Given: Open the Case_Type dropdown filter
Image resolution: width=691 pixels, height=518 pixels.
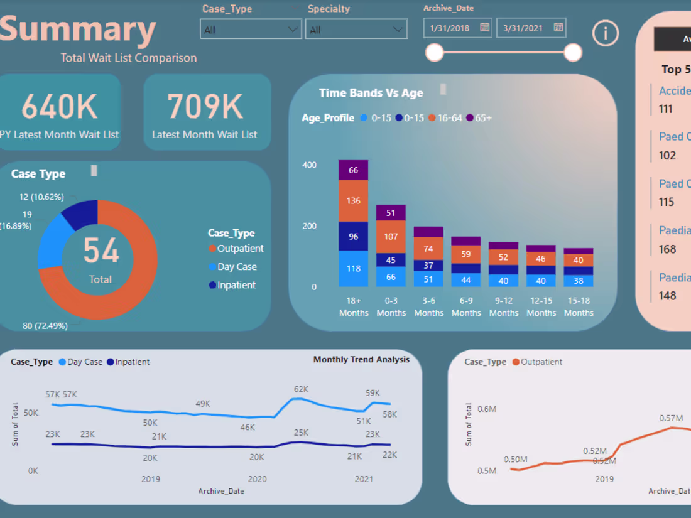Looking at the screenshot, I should (x=250, y=30).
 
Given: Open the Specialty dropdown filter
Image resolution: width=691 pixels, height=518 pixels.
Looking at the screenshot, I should (x=356, y=30).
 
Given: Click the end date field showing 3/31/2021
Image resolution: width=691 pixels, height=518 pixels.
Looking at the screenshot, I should (x=531, y=28).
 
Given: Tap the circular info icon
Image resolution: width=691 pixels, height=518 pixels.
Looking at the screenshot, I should (x=606, y=33).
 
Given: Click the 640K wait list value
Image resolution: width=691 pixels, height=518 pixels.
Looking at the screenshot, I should (x=60, y=106).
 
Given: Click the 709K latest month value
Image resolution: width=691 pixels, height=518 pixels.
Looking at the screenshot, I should (x=205, y=106).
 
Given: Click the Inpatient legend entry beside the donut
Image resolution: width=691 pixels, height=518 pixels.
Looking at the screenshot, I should (x=232, y=285).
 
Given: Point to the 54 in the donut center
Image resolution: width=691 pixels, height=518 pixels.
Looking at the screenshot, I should (x=101, y=251).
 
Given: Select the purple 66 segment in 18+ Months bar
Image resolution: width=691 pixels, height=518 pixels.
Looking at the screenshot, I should (x=354, y=170).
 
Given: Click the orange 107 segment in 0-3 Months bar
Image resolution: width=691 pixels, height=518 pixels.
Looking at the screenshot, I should (x=391, y=237).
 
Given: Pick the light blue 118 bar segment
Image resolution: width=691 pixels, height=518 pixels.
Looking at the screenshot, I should (x=354, y=269).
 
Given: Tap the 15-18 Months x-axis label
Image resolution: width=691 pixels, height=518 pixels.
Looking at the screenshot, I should (x=579, y=306).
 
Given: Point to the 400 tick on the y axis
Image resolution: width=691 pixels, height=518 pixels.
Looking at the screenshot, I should (x=310, y=165).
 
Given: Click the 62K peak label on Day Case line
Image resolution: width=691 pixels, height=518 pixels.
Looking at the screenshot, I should (x=302, y=389).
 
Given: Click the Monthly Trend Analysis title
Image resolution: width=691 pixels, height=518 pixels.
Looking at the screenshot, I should (x=361, y=360).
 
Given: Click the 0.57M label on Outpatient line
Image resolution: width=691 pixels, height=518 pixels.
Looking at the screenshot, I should (x=671, y=418).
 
